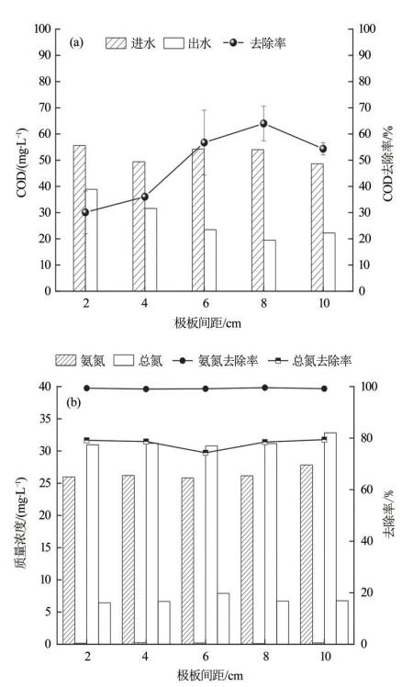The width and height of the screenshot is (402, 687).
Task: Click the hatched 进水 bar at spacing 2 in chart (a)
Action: (79, 218)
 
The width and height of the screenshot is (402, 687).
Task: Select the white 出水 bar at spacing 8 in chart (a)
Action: (270, 265)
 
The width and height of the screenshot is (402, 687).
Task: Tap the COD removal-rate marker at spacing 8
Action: (263, 124)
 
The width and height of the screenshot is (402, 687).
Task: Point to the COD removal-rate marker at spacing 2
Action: (85, 212)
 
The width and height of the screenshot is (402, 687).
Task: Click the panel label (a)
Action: (76, 42)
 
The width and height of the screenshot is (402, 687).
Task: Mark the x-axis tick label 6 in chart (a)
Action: (205, 304)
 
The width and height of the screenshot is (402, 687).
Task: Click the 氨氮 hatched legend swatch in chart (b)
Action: (66, 361)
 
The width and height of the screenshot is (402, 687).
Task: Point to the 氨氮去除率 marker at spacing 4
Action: (146, 389)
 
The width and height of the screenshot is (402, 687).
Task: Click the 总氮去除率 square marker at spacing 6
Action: (205, 453)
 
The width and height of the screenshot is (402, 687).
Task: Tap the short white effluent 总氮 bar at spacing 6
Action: (223, 619)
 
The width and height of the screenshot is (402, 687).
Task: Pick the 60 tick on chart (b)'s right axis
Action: (363, 490)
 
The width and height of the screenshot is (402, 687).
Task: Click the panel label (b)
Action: (73, 402)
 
